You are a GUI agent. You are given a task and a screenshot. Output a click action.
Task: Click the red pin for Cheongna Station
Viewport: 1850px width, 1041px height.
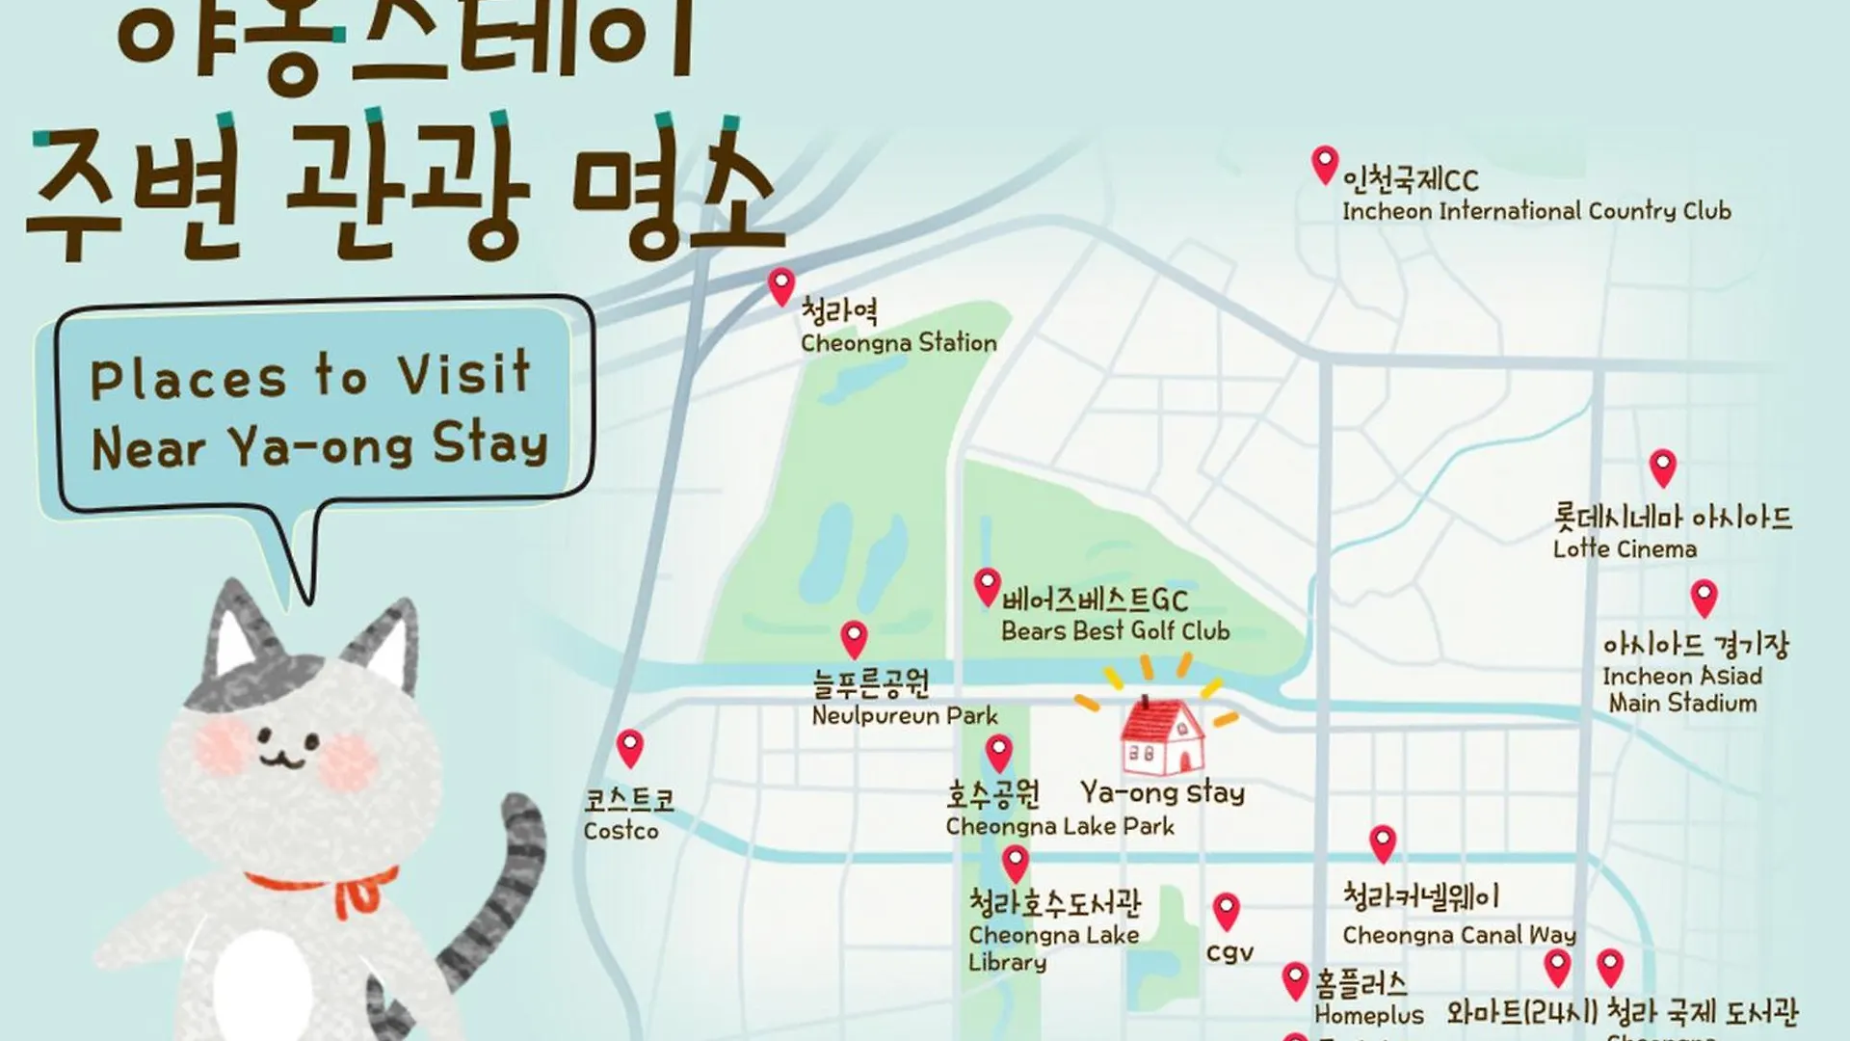click(781, 285)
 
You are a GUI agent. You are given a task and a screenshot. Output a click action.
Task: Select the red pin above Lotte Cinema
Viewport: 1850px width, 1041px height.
click(1662, 467)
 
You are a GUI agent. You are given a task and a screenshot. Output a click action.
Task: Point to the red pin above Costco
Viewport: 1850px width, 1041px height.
click(630, 747)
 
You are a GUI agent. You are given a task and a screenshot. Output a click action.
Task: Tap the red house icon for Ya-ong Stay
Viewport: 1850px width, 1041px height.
click(1162, 736)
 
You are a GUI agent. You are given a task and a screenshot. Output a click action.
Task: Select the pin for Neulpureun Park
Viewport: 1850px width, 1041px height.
click(854, 638)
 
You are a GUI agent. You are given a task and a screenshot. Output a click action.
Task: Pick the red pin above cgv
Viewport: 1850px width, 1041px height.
click(1226, 910)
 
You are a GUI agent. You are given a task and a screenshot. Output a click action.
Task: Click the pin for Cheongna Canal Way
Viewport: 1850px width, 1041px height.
click(1383, 842)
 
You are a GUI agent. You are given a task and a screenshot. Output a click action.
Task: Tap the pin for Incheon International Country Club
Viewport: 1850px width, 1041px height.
click(1325, 164)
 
